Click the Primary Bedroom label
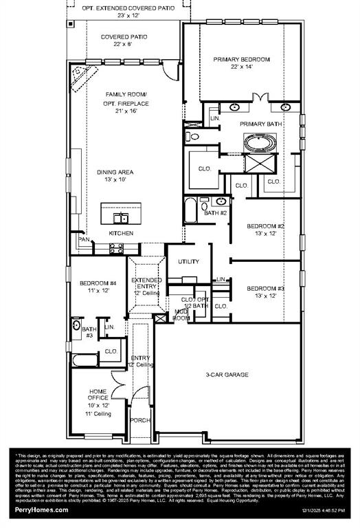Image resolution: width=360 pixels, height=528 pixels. pos(241,60)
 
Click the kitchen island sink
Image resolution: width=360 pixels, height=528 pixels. pos(122,219)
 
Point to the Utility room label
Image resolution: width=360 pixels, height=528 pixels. pos(188,261)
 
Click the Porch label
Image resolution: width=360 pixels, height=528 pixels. pos(141,420)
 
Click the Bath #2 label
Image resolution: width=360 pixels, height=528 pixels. pos(215,213)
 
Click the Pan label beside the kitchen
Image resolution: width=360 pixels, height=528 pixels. pos(84,239)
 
